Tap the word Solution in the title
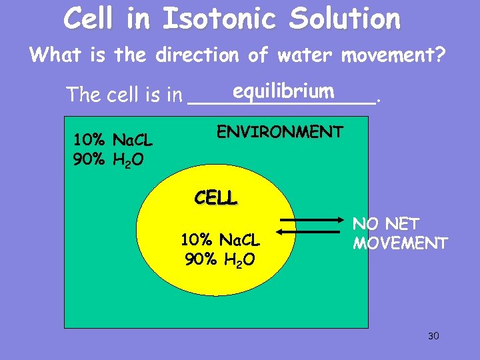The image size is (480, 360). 345,19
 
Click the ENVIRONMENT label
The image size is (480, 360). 280,132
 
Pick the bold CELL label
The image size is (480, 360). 215,198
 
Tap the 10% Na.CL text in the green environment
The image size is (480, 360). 113,141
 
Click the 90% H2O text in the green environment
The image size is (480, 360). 107,160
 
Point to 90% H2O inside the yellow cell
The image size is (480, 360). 219,259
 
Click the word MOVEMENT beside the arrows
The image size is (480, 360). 400,243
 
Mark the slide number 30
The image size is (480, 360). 433,335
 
